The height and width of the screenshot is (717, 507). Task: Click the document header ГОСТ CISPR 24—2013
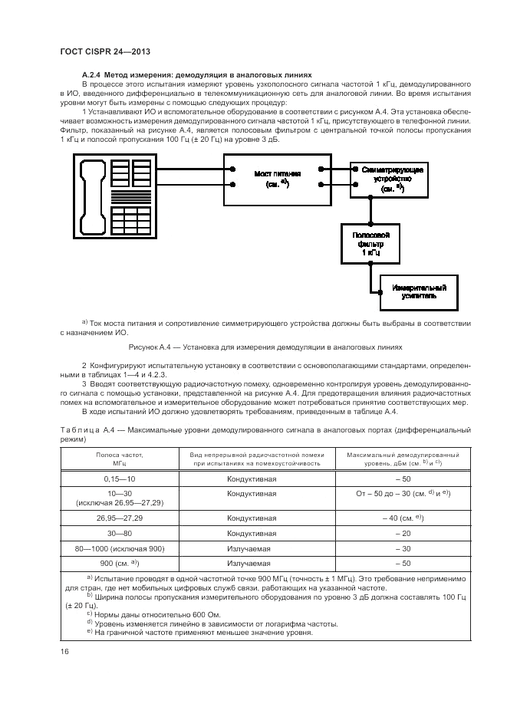[104, 51]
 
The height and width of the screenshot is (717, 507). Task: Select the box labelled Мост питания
[277, 179]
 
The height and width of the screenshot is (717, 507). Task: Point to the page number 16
[64, 652]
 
